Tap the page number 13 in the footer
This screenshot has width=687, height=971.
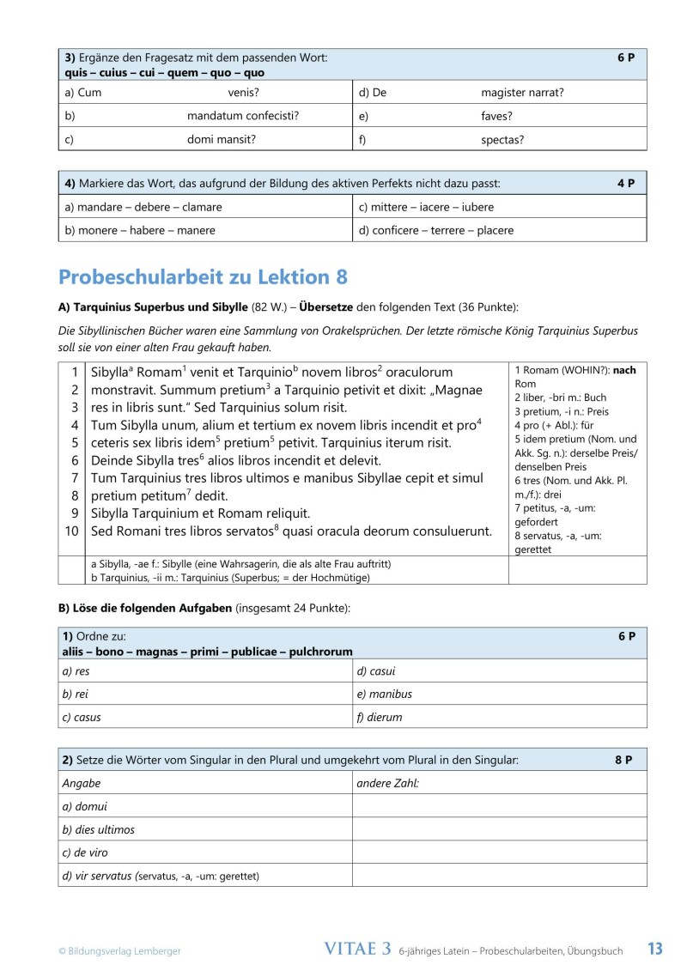point(654,949)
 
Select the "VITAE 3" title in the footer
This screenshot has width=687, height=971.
point(357,949)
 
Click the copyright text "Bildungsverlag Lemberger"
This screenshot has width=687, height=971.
point(119,950)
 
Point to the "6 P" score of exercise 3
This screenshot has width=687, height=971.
point(625,58)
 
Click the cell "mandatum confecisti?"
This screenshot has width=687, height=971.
point(243,116)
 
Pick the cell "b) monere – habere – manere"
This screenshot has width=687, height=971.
point(140,230)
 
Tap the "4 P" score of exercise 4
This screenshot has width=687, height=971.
point(625,183)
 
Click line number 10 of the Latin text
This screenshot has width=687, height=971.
point(71,531)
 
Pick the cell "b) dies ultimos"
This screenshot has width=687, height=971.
point(99,829)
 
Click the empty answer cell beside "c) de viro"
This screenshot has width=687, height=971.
point(499,853)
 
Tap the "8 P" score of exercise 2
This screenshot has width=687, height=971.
point(623,760)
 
